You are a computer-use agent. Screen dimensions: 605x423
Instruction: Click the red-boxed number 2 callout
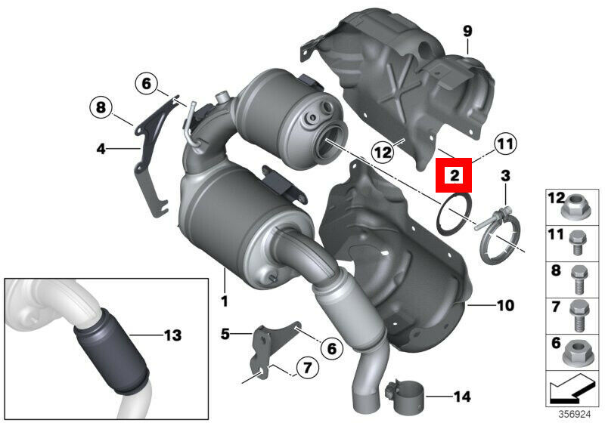pyautogui.click(x=454, y=175)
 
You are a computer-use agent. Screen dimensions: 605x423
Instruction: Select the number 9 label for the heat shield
pyautogui.click(x=467, y=31)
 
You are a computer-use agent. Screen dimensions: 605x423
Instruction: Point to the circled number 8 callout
pyautogui.click(x=101, y=107)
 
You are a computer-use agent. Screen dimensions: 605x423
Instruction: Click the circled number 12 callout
pyautogui.click(x=383, y=153)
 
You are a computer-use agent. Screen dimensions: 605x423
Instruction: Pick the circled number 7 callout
pyautogui.click(x=307, y=368)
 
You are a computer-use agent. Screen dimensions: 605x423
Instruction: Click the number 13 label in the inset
pyautogui.click(x=172, y=335)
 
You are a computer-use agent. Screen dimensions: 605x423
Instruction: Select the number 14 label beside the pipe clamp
pyautogui.click(x=462, y=396)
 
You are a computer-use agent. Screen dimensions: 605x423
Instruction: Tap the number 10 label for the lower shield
pyautogui.click(x=505, y=305)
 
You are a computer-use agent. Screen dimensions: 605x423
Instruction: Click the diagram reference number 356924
pyautogui.click(x=575, y=415)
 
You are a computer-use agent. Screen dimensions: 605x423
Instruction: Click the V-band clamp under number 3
pyautogui.click(x=499, y=235)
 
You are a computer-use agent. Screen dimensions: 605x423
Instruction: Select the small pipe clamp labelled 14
pyautogui.click(x=404, y=395)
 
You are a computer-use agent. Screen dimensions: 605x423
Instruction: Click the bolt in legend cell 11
pyautogui.click(x=578, y=242)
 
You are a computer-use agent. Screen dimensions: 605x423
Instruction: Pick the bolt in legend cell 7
pyautogui.click(x=579, y=316)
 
